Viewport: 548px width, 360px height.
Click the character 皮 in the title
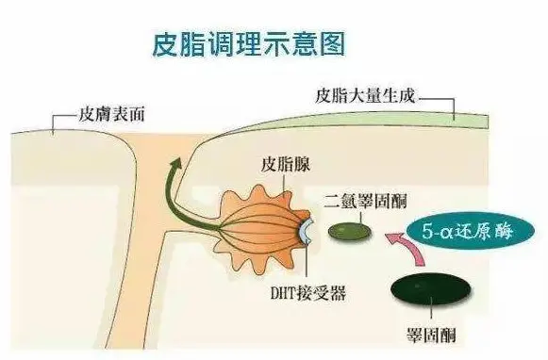pos(166,42)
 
